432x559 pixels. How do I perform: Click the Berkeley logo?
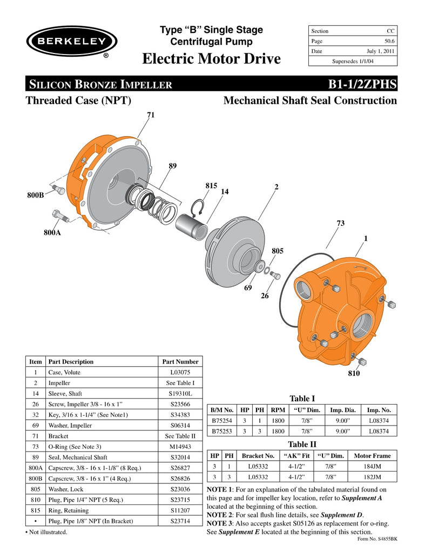point(72,43)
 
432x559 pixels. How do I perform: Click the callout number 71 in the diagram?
point(151,114)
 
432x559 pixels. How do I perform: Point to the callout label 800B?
point(36,194)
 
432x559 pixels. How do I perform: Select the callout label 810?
point(354,373)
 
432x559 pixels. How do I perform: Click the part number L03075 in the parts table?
point(180,373)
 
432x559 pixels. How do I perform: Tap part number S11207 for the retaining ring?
point(180,510)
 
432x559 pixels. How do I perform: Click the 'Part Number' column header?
point(180,362)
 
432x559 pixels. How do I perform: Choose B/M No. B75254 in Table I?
point(222,420)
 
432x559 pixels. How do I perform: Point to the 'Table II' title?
point(302,444)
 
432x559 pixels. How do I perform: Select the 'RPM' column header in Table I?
point(278,410)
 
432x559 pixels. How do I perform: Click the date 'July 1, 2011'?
point(381,51)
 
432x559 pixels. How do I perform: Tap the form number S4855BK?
point(378,539)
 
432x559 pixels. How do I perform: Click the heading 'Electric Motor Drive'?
point(211,58)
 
